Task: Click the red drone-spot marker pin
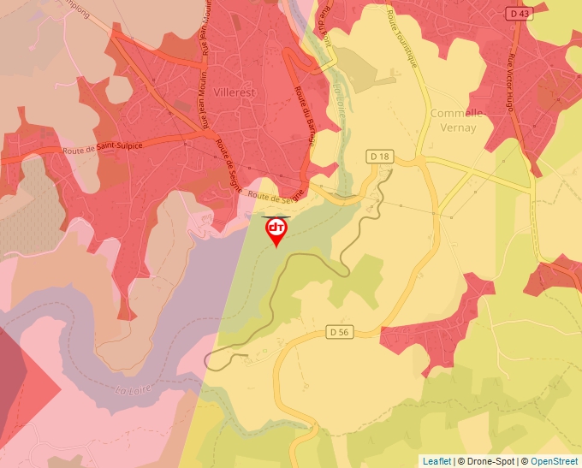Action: pos(276,230)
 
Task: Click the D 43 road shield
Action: pos(518,14)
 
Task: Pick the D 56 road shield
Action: pos(340,332)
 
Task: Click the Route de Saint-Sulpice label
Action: pos(103,148)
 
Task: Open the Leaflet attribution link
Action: pos(436,461)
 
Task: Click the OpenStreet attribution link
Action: pos(554,461)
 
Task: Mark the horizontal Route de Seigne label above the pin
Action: pos(277,197)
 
